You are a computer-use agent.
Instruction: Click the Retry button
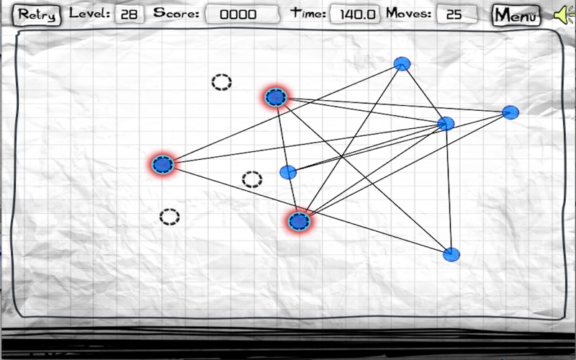(x=37, y=15)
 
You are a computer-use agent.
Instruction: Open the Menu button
(x=516, y=15)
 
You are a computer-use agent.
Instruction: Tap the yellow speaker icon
(x=564, y=14)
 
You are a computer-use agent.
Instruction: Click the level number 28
(x=129, y=14)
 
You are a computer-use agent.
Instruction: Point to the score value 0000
(x=238, y=14)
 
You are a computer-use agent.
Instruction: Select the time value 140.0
(x=357, y=14)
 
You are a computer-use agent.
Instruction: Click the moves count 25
(x=454, y=14)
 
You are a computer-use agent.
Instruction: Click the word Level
(x=89, y=13)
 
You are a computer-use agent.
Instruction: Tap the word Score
(x=176, y=13)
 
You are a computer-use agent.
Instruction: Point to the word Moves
(x=408, y=13)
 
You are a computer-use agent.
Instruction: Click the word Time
(x=308, y=13)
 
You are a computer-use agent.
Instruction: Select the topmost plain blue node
(x=402, y=63)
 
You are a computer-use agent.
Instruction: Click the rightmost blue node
(x=510, y=112)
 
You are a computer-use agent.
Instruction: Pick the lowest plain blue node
(x=451, y=254)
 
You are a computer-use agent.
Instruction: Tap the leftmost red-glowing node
(x=163, y=165)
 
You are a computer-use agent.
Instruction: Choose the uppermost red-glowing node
(x=276, y=97)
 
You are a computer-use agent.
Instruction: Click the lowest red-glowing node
(x=299, y=222)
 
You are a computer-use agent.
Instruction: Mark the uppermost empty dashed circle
(x=222, y=82)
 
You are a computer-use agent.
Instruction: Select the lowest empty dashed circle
(x=169, y=217)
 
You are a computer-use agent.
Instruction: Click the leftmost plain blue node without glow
(x=288, y=172)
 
